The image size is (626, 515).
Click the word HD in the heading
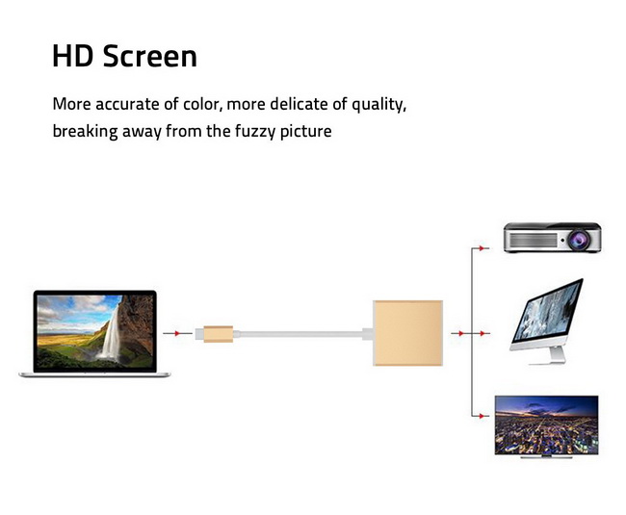click(x=72, y=56)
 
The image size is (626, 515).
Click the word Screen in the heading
click(x=150, y=56)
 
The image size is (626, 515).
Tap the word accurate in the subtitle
click(x=127, y=104)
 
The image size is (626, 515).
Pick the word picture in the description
click(x=306, y=132)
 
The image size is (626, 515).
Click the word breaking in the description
click(x=85, y=132)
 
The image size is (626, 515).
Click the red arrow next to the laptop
click(x=177, y=333)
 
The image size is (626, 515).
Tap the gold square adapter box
click(x=407, y=333)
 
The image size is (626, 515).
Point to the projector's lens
click(x=578, y=240)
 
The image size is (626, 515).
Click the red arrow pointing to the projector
click(x=483, y=248)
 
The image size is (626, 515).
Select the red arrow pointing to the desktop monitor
click(x=483, y=333)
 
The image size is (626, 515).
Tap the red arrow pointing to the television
click(x=483, y=416)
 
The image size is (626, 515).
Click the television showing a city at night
click(x=547, y=426)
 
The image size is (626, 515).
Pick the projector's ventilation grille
click(x=533, y=240)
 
